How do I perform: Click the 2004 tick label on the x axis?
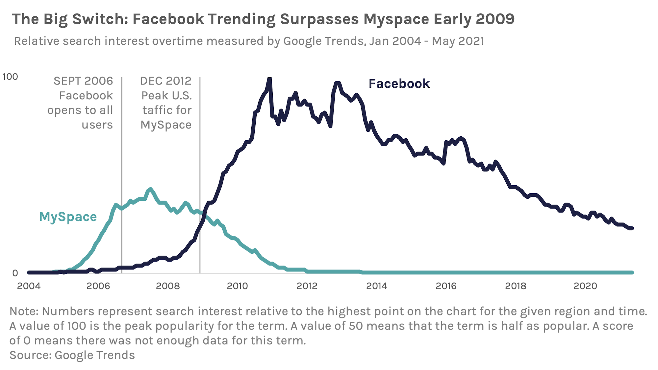[29, 286]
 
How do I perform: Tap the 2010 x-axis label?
[237, 286]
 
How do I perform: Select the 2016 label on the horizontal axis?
[446, 286]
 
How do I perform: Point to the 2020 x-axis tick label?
[585, 286]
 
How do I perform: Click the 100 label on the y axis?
[10, 77]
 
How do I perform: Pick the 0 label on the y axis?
[15, 273]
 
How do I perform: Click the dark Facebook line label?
[399, 84]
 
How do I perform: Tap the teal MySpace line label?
[68, 217]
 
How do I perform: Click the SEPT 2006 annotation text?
[83, 81]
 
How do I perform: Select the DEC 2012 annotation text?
[165, 81]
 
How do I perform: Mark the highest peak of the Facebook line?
[269, 79]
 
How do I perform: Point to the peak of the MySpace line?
[150, 189]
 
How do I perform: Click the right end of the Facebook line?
[631, 228]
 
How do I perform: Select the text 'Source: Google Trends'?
[72, 355]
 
